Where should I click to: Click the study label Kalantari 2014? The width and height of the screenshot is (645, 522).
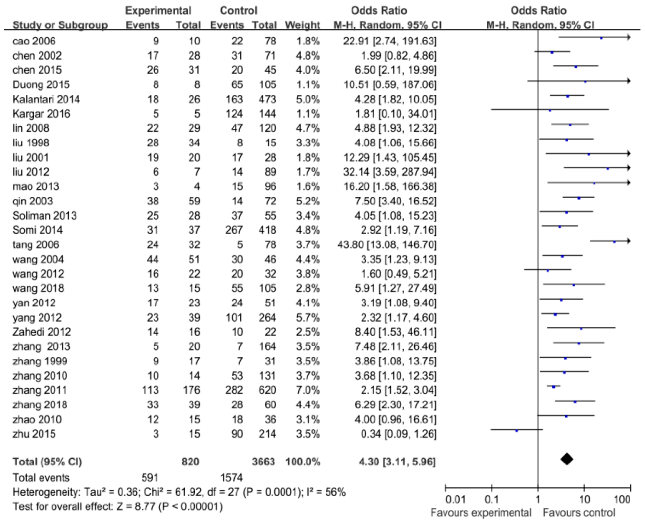pos(46,99)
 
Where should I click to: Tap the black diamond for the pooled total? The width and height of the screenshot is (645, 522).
pos(567,459)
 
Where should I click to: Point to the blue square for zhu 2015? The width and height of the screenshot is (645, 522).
pos(517,431)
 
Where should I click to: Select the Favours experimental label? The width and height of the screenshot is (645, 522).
pos(481,513)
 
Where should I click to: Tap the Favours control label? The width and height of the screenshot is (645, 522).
pos(579,513)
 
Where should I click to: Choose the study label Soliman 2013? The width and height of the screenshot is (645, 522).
pos(45,216)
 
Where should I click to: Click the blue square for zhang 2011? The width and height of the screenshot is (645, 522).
pos(554,387)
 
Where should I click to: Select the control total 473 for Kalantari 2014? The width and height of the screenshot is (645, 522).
pos(267,99)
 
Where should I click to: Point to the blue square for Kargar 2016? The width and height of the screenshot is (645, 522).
pos(550,111)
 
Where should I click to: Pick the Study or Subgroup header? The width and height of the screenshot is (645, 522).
pos(60,25)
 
